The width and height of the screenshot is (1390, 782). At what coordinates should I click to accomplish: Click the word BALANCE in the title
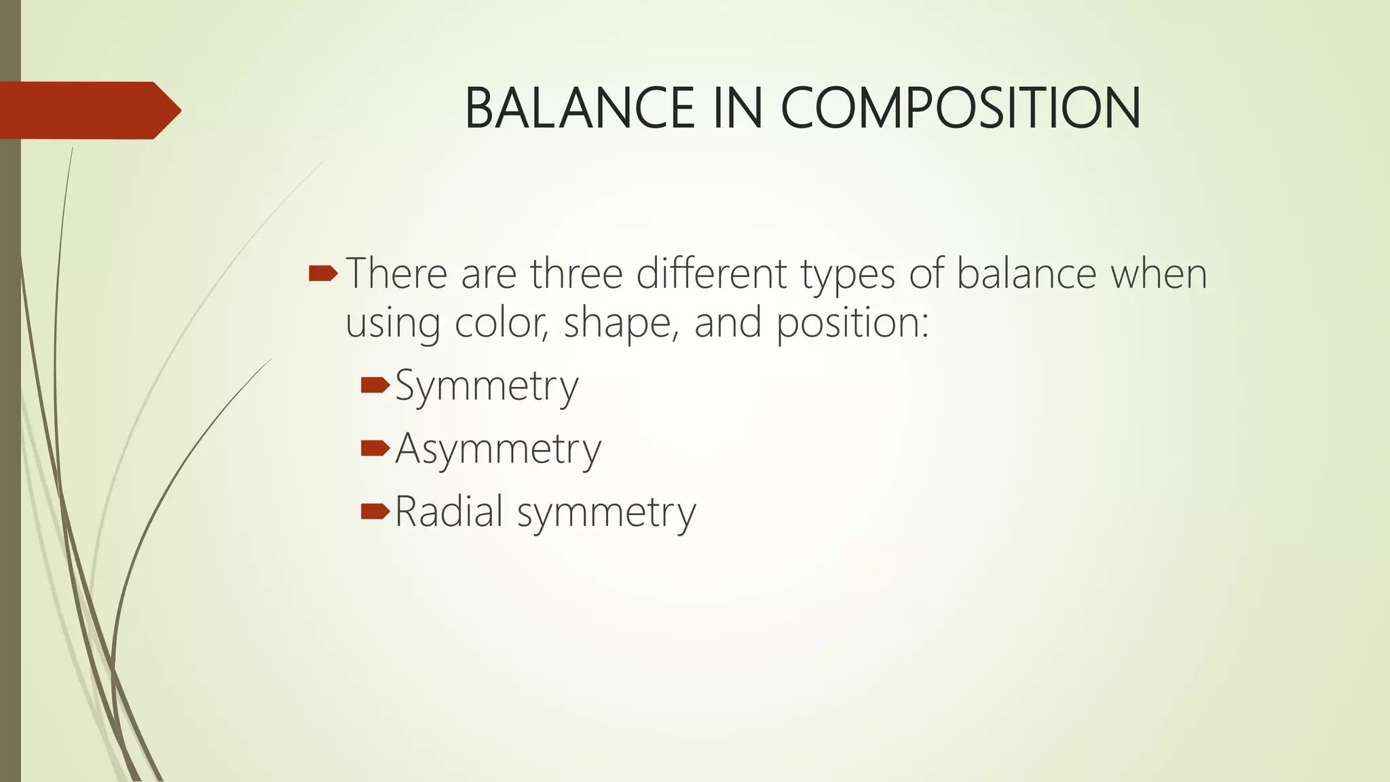[579, 109]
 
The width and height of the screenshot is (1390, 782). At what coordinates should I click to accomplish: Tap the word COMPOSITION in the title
[960, 109]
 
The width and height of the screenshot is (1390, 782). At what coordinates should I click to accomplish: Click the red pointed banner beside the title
[90, 110]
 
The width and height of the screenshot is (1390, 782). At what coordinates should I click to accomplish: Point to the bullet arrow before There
[322, 274]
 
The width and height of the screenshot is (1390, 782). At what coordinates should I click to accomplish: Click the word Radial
[449, 512]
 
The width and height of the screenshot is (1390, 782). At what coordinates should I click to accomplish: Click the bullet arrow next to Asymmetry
[375, 449]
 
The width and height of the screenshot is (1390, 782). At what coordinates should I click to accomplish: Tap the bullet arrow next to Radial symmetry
[375, 511]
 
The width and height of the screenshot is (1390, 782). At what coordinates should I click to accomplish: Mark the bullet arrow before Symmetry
[375, 386]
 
